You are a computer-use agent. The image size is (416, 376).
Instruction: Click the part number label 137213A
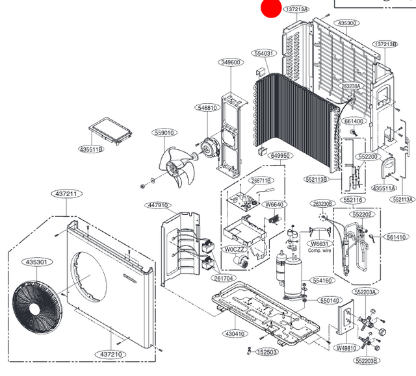click(296, 9)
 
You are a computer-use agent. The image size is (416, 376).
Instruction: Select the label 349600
click(231, 62)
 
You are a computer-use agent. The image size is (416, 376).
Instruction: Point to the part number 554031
click(265, 53)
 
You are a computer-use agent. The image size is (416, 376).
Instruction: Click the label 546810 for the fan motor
click(209, 108)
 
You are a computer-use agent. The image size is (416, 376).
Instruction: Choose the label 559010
click(164, 132)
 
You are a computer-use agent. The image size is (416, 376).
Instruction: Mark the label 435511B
click(91, 149)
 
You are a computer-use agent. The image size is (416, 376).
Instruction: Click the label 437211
click(65, 194)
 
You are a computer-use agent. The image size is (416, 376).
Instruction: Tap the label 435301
click(36, 262)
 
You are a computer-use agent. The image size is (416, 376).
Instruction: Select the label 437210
click(112, 354)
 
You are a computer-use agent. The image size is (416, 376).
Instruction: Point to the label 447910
click(159, 205)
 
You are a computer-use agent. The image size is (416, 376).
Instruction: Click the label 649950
click(281, 157)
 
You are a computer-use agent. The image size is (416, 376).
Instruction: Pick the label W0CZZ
click(235, 249)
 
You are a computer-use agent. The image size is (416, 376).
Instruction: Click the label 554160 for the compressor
click(323, 280)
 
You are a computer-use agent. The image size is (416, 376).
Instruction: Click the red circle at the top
click(270, 8)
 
